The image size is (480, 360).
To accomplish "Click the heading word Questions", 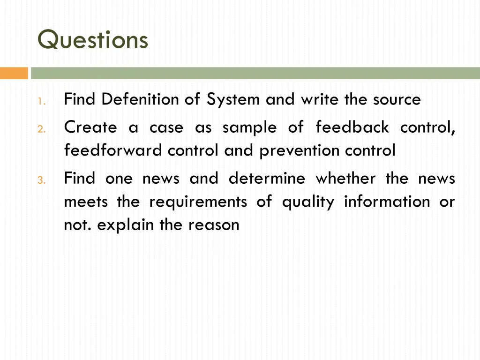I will (93, 40).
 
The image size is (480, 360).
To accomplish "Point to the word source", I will (397, 99).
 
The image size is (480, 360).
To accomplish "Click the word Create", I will (90, 127).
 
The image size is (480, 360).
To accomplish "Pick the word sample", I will (249, 127).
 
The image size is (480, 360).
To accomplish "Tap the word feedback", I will (352, 127).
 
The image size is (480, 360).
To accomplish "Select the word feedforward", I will (113, 150).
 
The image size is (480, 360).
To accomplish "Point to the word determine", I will (267, 178).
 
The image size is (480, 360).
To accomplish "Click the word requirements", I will (198, 202).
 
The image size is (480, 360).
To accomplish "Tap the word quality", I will (308, 202).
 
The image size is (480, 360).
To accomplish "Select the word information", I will (387, 202).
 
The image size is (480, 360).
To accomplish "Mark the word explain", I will (126, 225).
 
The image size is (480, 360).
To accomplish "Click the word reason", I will (214, 225).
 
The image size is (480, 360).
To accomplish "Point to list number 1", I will (41, 101).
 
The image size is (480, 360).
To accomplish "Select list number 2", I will (41, 128).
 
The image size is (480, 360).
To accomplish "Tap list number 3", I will (41, 180).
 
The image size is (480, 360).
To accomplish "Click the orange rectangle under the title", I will (14, 73).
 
